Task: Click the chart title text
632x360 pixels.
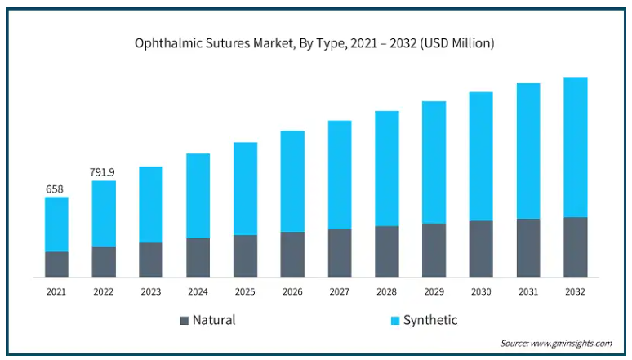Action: pyautogui.click(x=314, y=43)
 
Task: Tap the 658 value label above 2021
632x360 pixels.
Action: pyautogui.click(x=55, y=189)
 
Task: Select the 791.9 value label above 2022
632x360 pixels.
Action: pyautogui.click(x=102, y=172)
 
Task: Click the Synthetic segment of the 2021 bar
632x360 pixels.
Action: pyautogui.click(x=56, y=224)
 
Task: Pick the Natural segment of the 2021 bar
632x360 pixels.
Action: pyautogui.click(x=56, y=264)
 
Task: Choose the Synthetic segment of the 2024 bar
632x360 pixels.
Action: pyautogui.click(x=198, y=196)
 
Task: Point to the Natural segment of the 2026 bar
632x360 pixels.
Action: pyautogui.click(x=292, y=254)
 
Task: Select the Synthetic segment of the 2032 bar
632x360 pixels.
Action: pyautogui.click(x=576, y=147)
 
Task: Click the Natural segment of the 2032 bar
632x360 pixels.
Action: pyautogui.click(x=576, y=247)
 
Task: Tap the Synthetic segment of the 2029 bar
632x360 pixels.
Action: pyautogui.click(x=434, y=162)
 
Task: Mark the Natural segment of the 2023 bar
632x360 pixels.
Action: pyautogui.click(x=151, y=260)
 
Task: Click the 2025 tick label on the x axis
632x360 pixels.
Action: pyautogui.click(x=245, y=291)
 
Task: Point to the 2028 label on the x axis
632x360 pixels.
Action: pyautogui.click(x=386, y=291)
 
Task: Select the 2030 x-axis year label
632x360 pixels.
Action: pyautogui.click(x=481, y=291)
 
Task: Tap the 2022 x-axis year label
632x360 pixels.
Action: pyautogui.click(x=104, y=291)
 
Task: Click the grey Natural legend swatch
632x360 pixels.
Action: pyautogui.click(x=184, y=320)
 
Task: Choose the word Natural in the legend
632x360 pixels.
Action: pyautogui.click(x=214, y=320)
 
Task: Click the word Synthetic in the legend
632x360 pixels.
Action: pyautogui.click(x=430, y=320)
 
